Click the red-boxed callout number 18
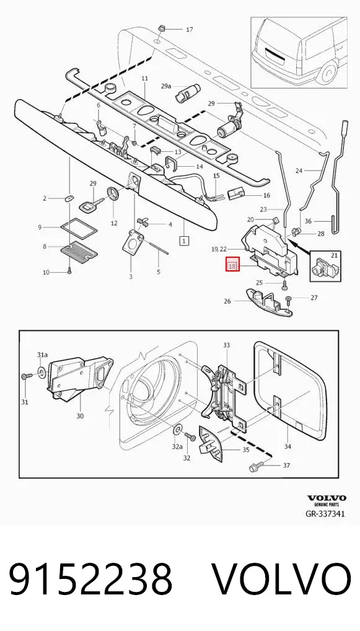click(x=233, y=266)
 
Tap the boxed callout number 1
click(x=184, y=242)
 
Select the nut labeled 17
click(x=162, y=29)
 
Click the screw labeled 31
click(x=27, y=376)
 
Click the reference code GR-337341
click(x=325, y=514)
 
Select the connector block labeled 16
click(x=235, y=195)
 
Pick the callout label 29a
click(x=165, y=86)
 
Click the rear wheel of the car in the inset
click(x=328, y=73)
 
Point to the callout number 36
click(x=308, y=221)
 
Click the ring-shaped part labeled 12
click(x=113, y=195)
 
